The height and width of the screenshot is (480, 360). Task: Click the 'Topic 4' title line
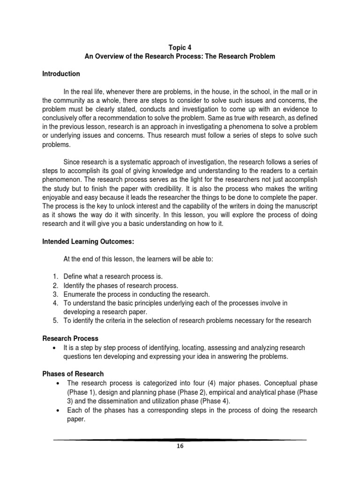click(x=180, y=47)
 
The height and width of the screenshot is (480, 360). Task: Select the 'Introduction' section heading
click(x=61, y=74)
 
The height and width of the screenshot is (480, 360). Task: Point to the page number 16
click(x=180, y=446)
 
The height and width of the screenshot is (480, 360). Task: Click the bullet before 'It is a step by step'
click(x=56, y=348)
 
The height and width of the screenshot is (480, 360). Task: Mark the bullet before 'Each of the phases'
click(x=56, y=410)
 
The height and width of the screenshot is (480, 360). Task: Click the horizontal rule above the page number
click(x=180, y=440)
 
